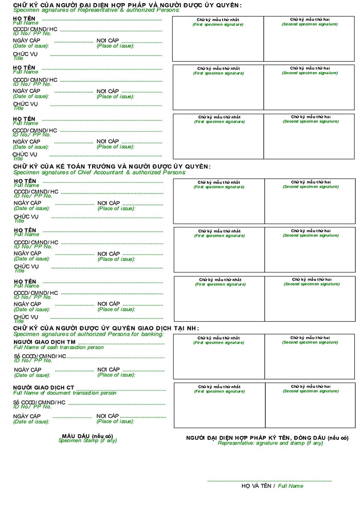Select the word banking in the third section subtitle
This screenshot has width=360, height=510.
coord(150,334)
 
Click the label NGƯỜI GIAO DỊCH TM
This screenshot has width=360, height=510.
coord(44,342)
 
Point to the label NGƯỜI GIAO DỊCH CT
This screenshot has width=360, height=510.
coord(44,388)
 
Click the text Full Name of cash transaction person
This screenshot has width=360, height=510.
coord(58,347)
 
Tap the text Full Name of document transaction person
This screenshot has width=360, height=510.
coord(65,393)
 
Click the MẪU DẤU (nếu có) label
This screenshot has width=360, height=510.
coord(87,436)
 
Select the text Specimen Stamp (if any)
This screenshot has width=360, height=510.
coord(87,441)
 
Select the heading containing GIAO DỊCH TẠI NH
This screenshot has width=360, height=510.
coord(106,328)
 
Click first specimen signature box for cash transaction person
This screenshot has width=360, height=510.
coord(219,357)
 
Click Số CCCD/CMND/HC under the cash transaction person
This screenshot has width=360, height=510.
coord(40,356)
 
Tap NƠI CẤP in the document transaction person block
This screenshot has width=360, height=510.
coord(107,416)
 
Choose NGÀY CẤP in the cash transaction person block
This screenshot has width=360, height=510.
coord(27,370)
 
